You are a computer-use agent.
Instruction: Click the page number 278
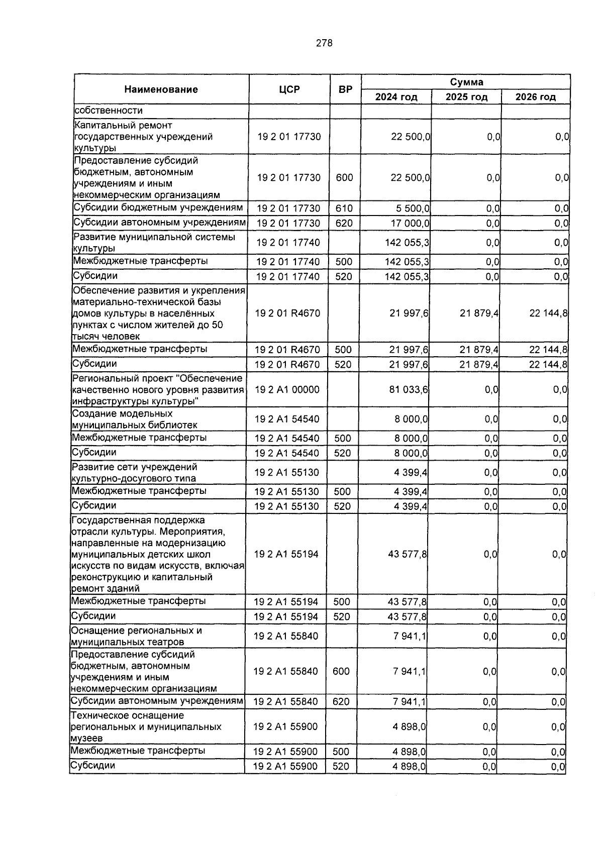click(324, 43)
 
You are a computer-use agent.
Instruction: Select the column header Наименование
click(161, 89)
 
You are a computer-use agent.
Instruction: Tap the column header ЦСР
click(289, 89)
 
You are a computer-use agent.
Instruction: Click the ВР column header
click(345, 89)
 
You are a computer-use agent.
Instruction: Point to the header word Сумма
click(466, 82)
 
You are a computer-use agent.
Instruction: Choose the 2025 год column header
click(466, 97)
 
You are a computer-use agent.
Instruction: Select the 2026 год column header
click(535, 97)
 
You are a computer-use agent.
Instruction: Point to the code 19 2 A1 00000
click(287, 389)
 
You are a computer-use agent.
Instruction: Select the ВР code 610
click(344, 208)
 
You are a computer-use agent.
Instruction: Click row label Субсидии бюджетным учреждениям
click(158, 207)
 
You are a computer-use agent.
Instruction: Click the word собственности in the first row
click(108, 111)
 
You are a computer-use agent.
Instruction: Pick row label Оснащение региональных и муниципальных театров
click(136, 636)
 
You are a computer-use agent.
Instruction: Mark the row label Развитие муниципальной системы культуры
click(154, 242)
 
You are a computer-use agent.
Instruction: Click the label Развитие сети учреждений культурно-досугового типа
click(134, 472)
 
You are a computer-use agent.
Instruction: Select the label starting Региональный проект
click(157, 389)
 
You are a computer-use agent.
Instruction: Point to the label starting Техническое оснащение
click(146, 726)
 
